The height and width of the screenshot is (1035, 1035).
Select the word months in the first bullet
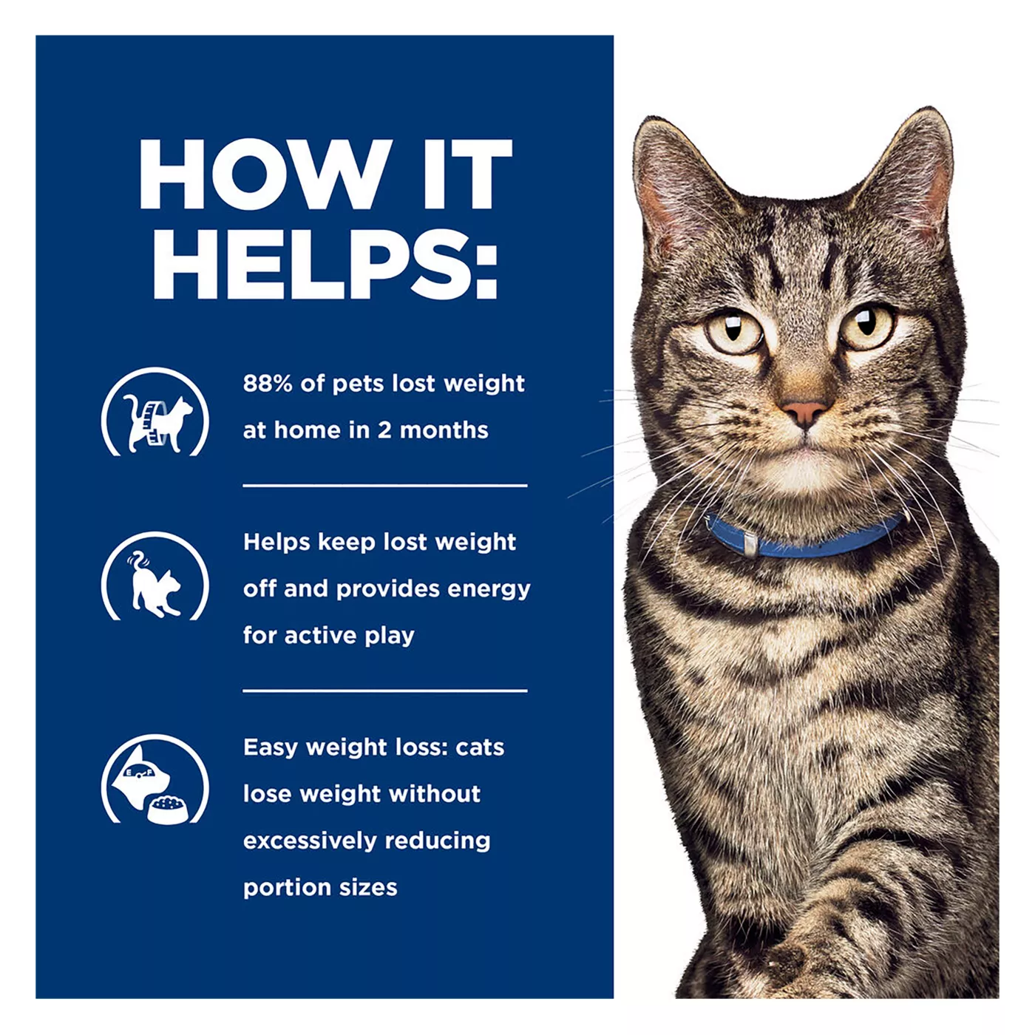click(x=444, y=430)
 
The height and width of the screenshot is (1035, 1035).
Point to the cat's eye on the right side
click(x=866, y=325)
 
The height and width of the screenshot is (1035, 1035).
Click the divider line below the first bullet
click(x=385, y=486)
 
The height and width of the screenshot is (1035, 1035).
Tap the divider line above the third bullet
click(x=385, y=690)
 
